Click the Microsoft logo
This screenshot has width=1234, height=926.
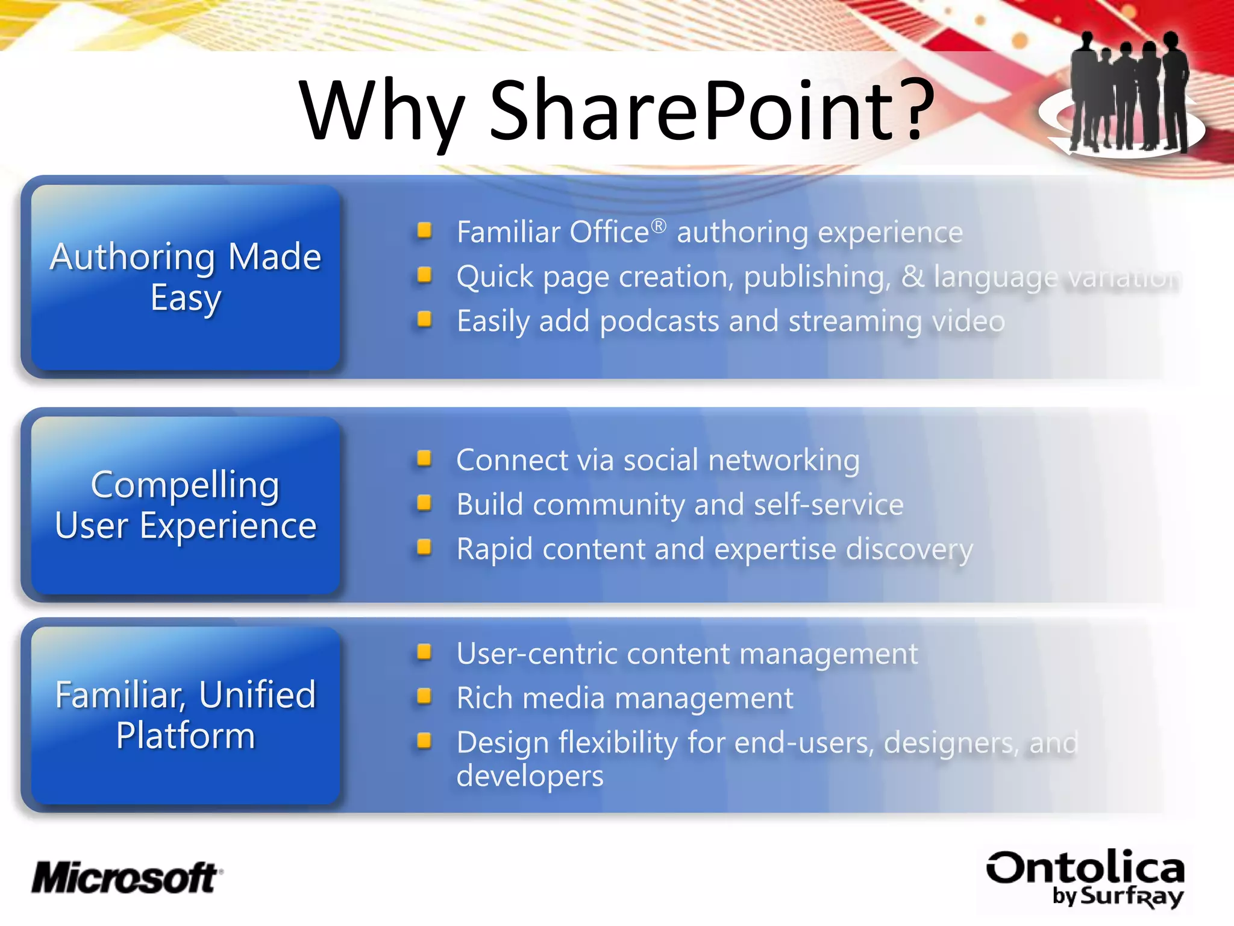click(x=127, y=878)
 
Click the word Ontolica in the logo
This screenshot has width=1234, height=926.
click(x=1085, y=868)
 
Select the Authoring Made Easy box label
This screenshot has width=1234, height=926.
click(x=186, y=277)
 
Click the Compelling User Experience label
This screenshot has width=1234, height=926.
click(x=186, y=505)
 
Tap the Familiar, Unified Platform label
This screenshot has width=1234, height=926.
click(x=186, y=714)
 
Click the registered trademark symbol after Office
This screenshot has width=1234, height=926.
click(x=659, y=225)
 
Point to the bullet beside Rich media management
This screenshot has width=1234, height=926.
click(x=424, y=696)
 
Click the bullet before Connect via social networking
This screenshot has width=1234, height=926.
click(x=424, y=459)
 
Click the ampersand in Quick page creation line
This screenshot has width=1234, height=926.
click(x=912, y=276)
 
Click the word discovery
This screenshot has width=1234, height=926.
click(x=909, y=549)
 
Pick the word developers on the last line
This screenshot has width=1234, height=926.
click(x=530, y=776)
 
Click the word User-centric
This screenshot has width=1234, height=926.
click(x=536, y=654)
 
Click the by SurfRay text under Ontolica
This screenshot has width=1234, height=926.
click(x=1118, y=896)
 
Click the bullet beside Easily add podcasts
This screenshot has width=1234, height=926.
click(x=424, y=319)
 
